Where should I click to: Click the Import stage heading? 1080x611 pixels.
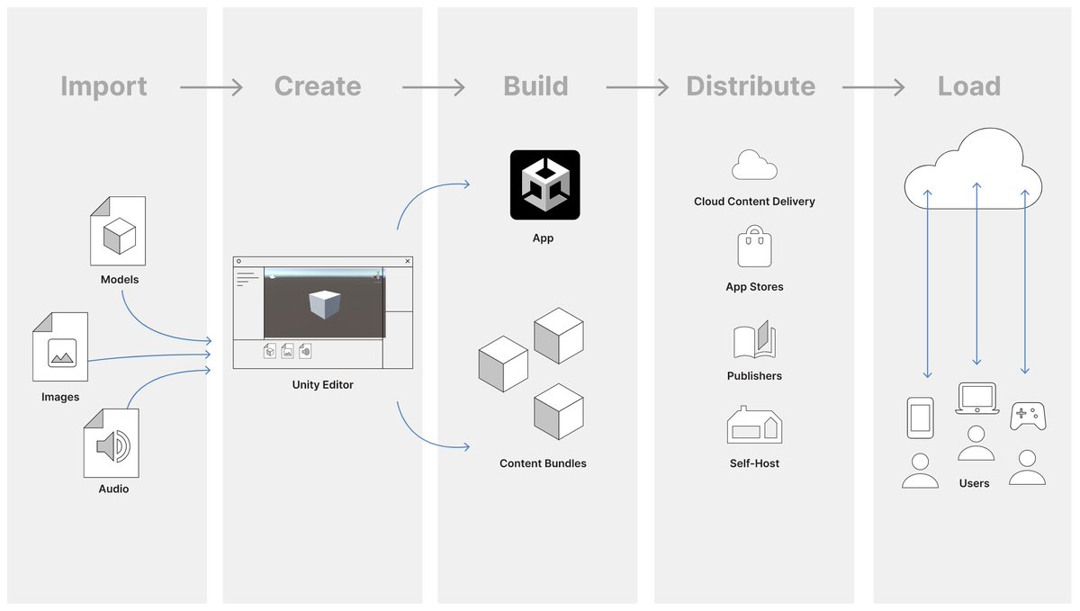point(103,86)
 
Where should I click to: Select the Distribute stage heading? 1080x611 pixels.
point(751,86)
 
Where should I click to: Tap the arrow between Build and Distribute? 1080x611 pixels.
point(637,87)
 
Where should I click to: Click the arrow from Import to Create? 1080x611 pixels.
point(211,87)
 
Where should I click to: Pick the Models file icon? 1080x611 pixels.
point(118,231)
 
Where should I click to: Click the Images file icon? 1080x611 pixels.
point(61,347)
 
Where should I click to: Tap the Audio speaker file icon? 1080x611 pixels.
point(112,444)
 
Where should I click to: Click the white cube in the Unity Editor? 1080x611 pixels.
point(323,303)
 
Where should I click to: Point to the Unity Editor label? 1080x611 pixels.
point(323,385)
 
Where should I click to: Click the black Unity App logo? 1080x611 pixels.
point(544,184)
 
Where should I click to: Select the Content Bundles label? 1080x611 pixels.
point(543,463)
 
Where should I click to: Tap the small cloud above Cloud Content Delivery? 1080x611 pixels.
point(754,166)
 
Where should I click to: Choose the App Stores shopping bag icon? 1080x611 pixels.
point(754,247)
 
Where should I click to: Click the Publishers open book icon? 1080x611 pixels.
point(754,341)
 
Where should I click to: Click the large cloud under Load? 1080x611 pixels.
point(973,170)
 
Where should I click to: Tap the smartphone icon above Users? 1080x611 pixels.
point(920,418)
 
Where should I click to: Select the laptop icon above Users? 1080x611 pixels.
point(976,398)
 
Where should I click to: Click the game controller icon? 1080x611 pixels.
point(1028,416)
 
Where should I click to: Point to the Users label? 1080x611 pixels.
point(974,483)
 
